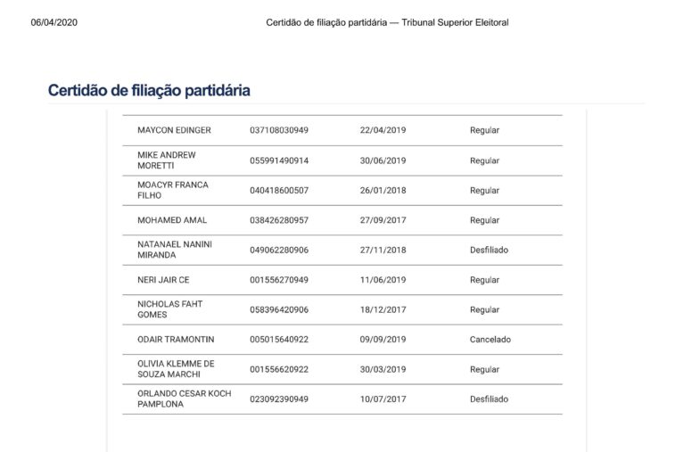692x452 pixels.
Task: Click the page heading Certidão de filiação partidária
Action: (149, 91)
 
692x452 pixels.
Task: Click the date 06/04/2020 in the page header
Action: (54, 22)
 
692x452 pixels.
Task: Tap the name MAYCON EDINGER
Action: (174, 130)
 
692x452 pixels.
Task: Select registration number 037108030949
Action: (279, 130)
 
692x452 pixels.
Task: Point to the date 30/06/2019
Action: (383, 160)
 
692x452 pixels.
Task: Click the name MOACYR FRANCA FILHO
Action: (173, 190)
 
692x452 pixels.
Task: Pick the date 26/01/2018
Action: (383, 190)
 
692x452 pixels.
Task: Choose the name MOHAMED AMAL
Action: (173, 220)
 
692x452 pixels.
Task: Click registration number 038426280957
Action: (279, 220)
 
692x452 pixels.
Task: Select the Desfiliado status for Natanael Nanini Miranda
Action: (489, 251)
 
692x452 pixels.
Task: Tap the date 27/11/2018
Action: (383, 251)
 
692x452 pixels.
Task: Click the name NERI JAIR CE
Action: (163, 280)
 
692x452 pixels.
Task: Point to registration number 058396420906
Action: (279, 309)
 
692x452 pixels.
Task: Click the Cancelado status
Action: (490, 340)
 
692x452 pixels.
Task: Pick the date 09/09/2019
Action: (383, 340)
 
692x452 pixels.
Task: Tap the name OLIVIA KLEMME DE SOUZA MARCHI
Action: (176, 369)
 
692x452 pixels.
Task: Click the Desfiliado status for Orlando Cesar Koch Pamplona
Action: (489, 399)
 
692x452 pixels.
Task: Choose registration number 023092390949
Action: (279, 399)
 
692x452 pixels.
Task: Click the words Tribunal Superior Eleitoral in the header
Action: (456, 22)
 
